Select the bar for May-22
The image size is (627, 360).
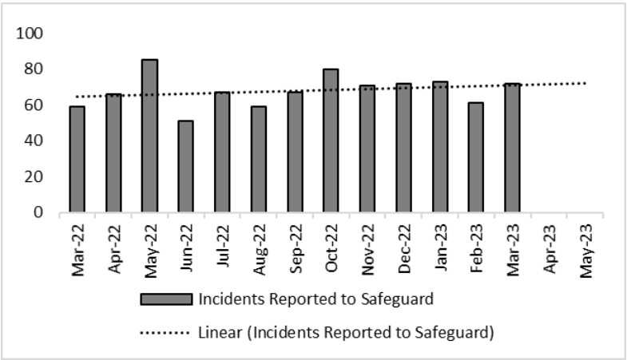pos(149,136)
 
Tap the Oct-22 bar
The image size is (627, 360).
pos(331,140)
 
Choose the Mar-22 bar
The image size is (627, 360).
pos(77,159)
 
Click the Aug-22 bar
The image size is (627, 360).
pos(258,159)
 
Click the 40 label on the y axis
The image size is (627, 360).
pos(34,140)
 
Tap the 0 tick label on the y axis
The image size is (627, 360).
pos(38,212)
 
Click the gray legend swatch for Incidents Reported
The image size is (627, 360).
pos(165,299)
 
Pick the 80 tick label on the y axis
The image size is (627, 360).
pos(34,69)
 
